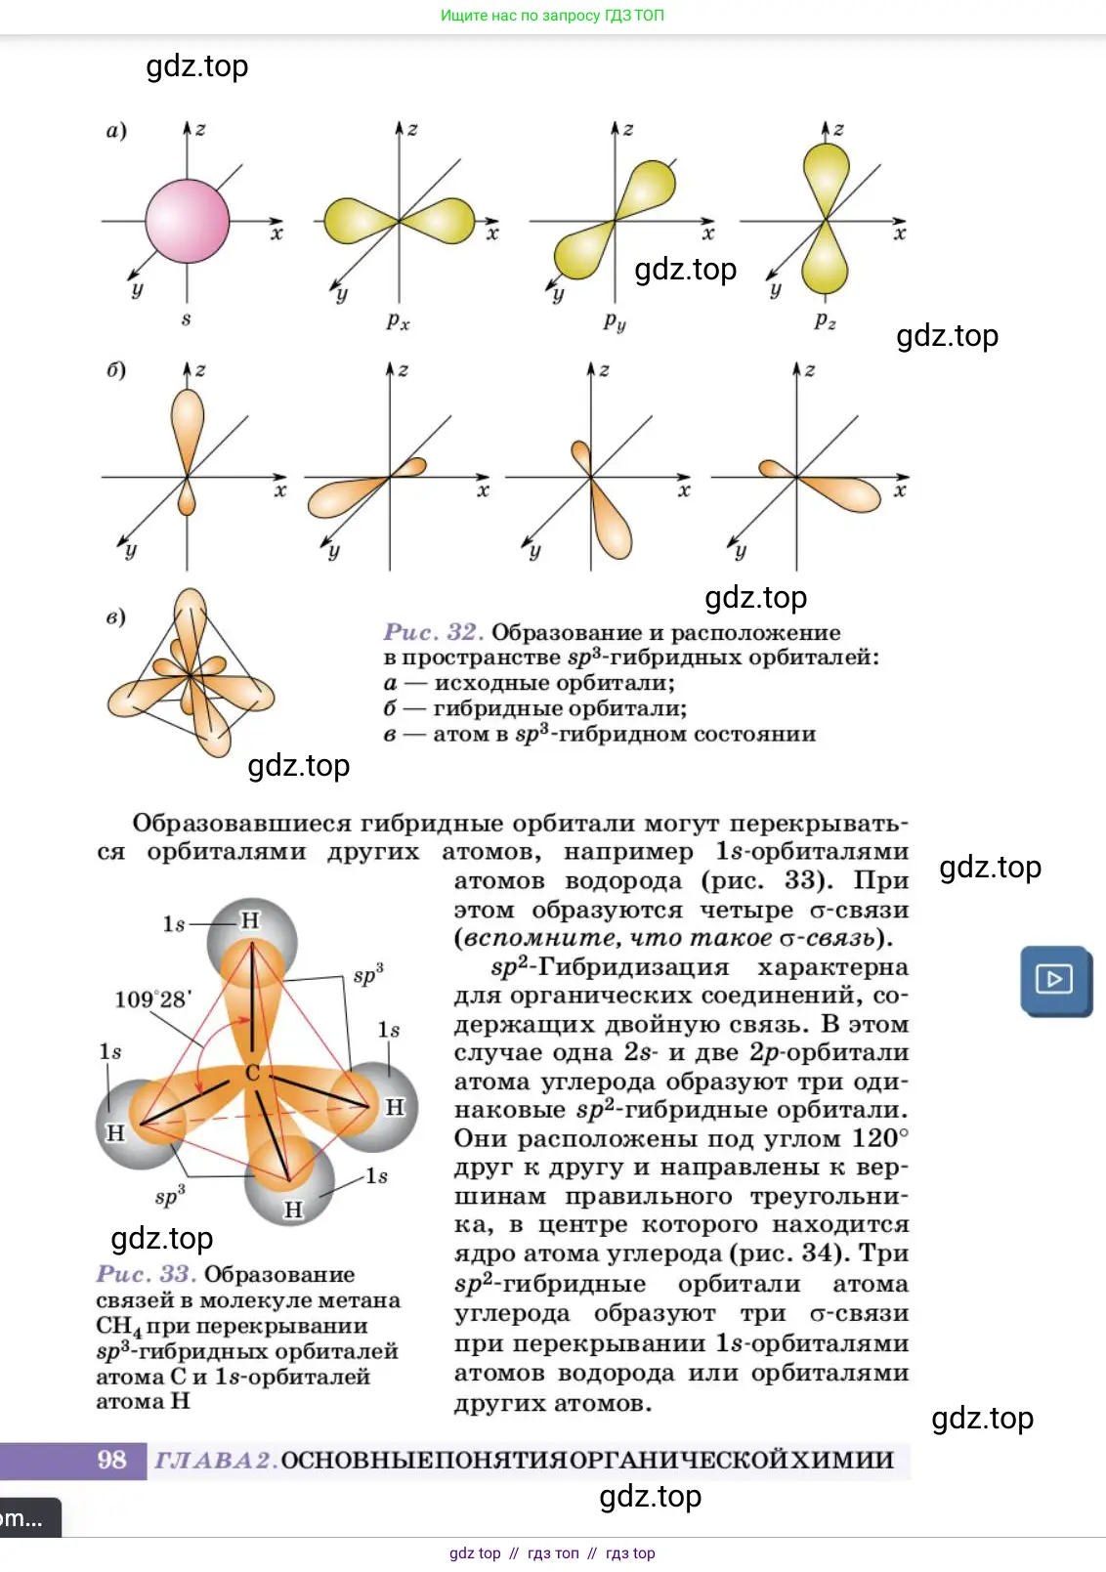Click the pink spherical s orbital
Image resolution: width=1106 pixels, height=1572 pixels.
[x=187, y=222]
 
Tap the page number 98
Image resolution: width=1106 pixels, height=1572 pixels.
[x=111, y=1460]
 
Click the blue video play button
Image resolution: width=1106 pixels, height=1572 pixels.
[x=1055, y=979]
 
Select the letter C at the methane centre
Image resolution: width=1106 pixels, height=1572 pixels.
[x=252, y=1073]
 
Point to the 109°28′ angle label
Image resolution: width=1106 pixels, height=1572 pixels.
[x=153, y=998]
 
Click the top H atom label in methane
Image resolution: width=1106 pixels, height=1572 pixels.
[x=251, y=920]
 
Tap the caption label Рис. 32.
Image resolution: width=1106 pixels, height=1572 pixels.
[x=433, y=632]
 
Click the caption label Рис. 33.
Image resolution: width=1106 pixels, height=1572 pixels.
[x=146, y=1274]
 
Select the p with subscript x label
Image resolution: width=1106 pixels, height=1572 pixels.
[x=398, y=320]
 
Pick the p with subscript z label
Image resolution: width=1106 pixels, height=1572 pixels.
[x=825, y=320]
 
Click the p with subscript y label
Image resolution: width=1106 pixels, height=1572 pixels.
[x=614, y=320]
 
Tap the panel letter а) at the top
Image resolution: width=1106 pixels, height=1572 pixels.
[x=116, y=130]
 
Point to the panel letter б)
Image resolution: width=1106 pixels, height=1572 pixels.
[x=116, y=370]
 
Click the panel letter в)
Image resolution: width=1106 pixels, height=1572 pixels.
[x=116, y=617]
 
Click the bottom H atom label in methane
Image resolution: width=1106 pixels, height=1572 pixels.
[x=293, y=1210]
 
